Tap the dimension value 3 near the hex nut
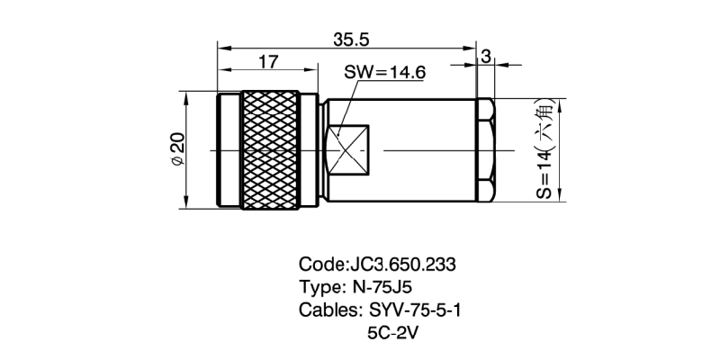pos(486,57)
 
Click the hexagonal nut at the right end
pos(484,148)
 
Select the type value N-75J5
pos(377,288)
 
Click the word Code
pos(319,265)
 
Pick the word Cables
pos(328,310)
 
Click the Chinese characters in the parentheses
pos(544,124)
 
